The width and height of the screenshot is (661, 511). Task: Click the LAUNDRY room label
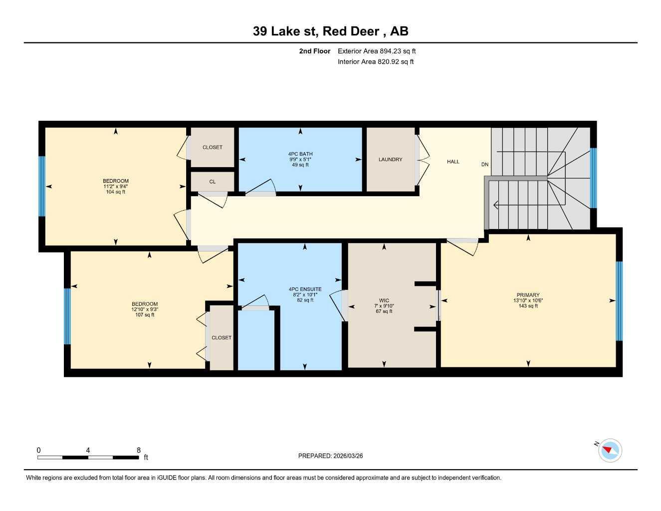click(390, 160)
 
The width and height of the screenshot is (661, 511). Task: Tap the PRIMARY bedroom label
click(528, 295)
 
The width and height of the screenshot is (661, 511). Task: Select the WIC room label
click(384, 300)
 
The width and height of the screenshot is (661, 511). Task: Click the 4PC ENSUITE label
click(305, 289)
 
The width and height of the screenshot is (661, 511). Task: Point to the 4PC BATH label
click(300, 154)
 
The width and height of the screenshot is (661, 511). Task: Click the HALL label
click(453, 162)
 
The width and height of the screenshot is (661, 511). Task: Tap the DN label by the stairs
click(484, 165)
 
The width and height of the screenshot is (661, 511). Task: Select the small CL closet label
click(213, 182)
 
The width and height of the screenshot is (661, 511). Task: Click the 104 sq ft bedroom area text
click(116, 192)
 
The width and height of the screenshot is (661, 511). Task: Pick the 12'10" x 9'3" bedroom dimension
click(145, 309)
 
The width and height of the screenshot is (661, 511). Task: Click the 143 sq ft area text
click(528, 306)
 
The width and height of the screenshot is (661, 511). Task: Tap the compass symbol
click(610, 451)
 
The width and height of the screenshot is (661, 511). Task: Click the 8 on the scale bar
click(139, 450)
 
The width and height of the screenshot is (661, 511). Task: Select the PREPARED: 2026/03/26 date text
click(330, 456)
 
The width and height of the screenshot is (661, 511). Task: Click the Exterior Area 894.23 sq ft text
click(377, 51)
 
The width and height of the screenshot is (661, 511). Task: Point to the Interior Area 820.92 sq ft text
click(376, 62)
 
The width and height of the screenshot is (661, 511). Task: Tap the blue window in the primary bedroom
click(619, 300)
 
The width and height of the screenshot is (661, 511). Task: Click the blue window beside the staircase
click(593, 178)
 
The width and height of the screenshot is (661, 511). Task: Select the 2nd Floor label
click(314, 51)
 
